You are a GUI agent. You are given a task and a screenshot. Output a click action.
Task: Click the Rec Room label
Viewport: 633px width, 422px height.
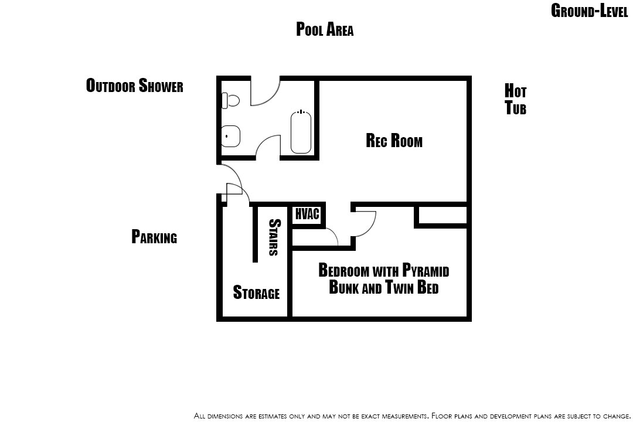coord(394,141)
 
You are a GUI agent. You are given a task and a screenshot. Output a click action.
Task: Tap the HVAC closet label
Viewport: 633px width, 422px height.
coord(307,214)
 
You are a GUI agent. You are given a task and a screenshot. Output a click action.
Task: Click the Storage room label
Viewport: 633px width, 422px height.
coord(256,292)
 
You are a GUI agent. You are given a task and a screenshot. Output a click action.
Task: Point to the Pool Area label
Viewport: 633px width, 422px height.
coord(325,29)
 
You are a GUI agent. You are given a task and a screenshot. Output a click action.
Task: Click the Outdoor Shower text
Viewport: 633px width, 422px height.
coord(134,85)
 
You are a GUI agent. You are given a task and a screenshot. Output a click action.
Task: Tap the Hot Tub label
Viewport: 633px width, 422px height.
coord(516,99)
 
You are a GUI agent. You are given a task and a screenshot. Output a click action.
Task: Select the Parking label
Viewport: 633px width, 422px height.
coord(154,237)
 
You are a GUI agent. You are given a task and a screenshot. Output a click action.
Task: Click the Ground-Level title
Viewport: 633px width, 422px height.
coord(590,11)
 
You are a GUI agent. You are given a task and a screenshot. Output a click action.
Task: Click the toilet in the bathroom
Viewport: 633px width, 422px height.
coord(230,100)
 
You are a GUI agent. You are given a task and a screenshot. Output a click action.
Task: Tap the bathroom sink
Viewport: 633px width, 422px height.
coord(230,136)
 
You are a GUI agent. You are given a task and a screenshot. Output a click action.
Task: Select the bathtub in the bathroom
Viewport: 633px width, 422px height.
coord(301,132)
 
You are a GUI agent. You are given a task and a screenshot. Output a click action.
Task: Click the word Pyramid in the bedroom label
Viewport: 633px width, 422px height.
coord(426,270)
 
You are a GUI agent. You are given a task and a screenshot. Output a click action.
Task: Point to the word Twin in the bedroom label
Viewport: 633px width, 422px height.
coord(399,287)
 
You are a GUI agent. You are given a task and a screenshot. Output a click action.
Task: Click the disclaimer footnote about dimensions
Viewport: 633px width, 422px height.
coord(412,416)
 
